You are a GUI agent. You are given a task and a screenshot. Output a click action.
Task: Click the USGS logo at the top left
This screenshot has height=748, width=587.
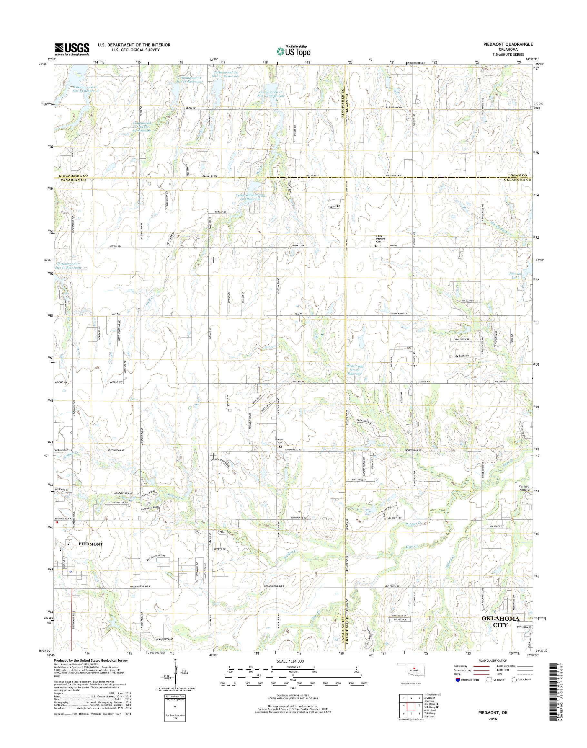72,49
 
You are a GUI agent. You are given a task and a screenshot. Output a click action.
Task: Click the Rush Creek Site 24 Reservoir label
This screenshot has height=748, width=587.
355,370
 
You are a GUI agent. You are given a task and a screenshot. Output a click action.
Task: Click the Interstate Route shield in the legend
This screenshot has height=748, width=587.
458,679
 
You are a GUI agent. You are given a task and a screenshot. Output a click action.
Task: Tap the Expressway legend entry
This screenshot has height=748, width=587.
462,666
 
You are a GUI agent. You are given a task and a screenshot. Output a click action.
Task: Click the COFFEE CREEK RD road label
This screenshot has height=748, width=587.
399,314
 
